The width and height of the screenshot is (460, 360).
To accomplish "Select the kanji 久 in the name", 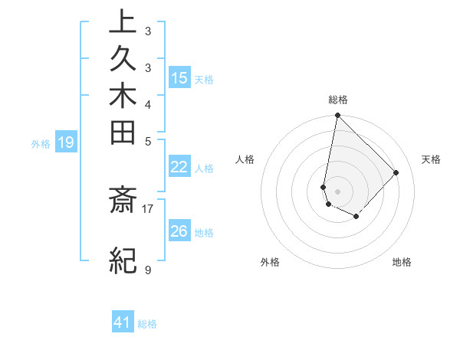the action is [x=123, y=61].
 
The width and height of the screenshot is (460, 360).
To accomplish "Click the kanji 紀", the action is [x=123, y=260].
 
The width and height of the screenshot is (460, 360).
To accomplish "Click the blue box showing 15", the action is [x=179, y=78].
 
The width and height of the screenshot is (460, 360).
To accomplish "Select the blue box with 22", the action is [x=179, y=167].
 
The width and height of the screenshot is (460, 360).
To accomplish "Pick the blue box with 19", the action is [x=66, y=142].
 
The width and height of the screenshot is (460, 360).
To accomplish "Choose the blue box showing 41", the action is [x=123, y=322].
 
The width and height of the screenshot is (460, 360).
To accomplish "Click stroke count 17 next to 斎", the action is [x=147, y=208].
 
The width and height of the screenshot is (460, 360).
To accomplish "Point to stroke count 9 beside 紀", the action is [x=147, y=270].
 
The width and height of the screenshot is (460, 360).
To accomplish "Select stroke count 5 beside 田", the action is [x=147, y=141].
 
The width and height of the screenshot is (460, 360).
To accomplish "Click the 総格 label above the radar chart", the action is [x=337, y=100].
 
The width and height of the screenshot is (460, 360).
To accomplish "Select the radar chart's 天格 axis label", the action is [x=431, y=159].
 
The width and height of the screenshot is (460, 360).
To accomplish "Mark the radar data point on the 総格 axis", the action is [x=337, y=116].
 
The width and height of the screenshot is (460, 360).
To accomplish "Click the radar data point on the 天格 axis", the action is [x=396, y=172].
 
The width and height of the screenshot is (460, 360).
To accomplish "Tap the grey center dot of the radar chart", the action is [x=337, y=191].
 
